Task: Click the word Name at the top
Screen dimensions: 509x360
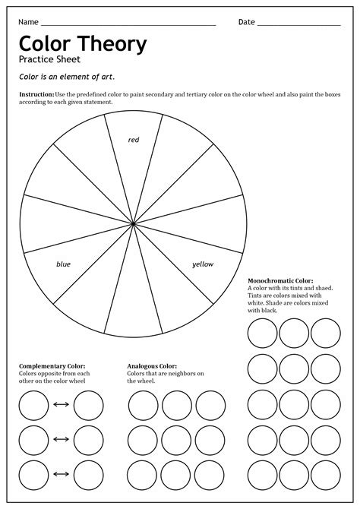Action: (29, 22)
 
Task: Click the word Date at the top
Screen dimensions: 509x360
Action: (247, 22)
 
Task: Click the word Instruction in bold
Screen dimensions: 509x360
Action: (36, 93)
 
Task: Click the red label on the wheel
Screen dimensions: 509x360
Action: (134, 140)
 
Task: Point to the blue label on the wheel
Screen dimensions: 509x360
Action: (63, 264)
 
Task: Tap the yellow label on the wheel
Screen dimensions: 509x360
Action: (203, 264)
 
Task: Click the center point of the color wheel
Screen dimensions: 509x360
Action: (134, 224)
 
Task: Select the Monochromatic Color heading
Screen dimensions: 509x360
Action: (280, 281)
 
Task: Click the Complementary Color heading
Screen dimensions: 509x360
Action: (52, 366)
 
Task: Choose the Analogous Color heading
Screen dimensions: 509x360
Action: (152, 366)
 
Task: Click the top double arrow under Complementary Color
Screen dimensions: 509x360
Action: (61, 405)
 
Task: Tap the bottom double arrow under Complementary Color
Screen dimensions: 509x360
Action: (61, 475)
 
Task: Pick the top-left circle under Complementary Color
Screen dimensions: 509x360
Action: (33, 405)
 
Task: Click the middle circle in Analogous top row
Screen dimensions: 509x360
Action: (176, 405)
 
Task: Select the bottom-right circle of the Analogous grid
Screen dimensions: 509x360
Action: (210, 475)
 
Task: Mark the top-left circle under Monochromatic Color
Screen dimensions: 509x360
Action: (262, 333)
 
